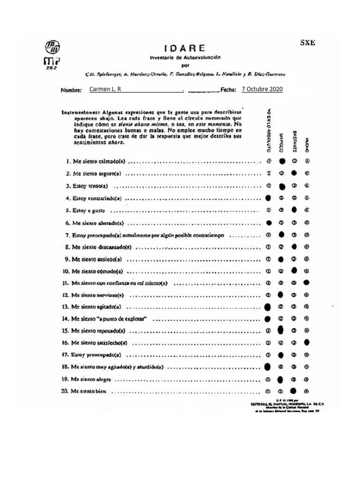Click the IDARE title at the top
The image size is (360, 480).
(x=184, y=48)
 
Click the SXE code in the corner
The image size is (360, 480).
(x=307, y=43)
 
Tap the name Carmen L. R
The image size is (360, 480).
(x=105, y=89)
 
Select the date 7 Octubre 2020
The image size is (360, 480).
(x=262, y=89)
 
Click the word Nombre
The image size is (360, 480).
(x=71, y=90)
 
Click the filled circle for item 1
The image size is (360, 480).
(x=282, y=161)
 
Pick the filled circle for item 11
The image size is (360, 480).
(x=306, y=283)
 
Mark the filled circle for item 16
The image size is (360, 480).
(x=306, y=343)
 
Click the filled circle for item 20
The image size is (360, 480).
(x=294, y=390)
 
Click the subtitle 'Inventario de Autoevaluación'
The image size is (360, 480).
(x=184, y=57)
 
